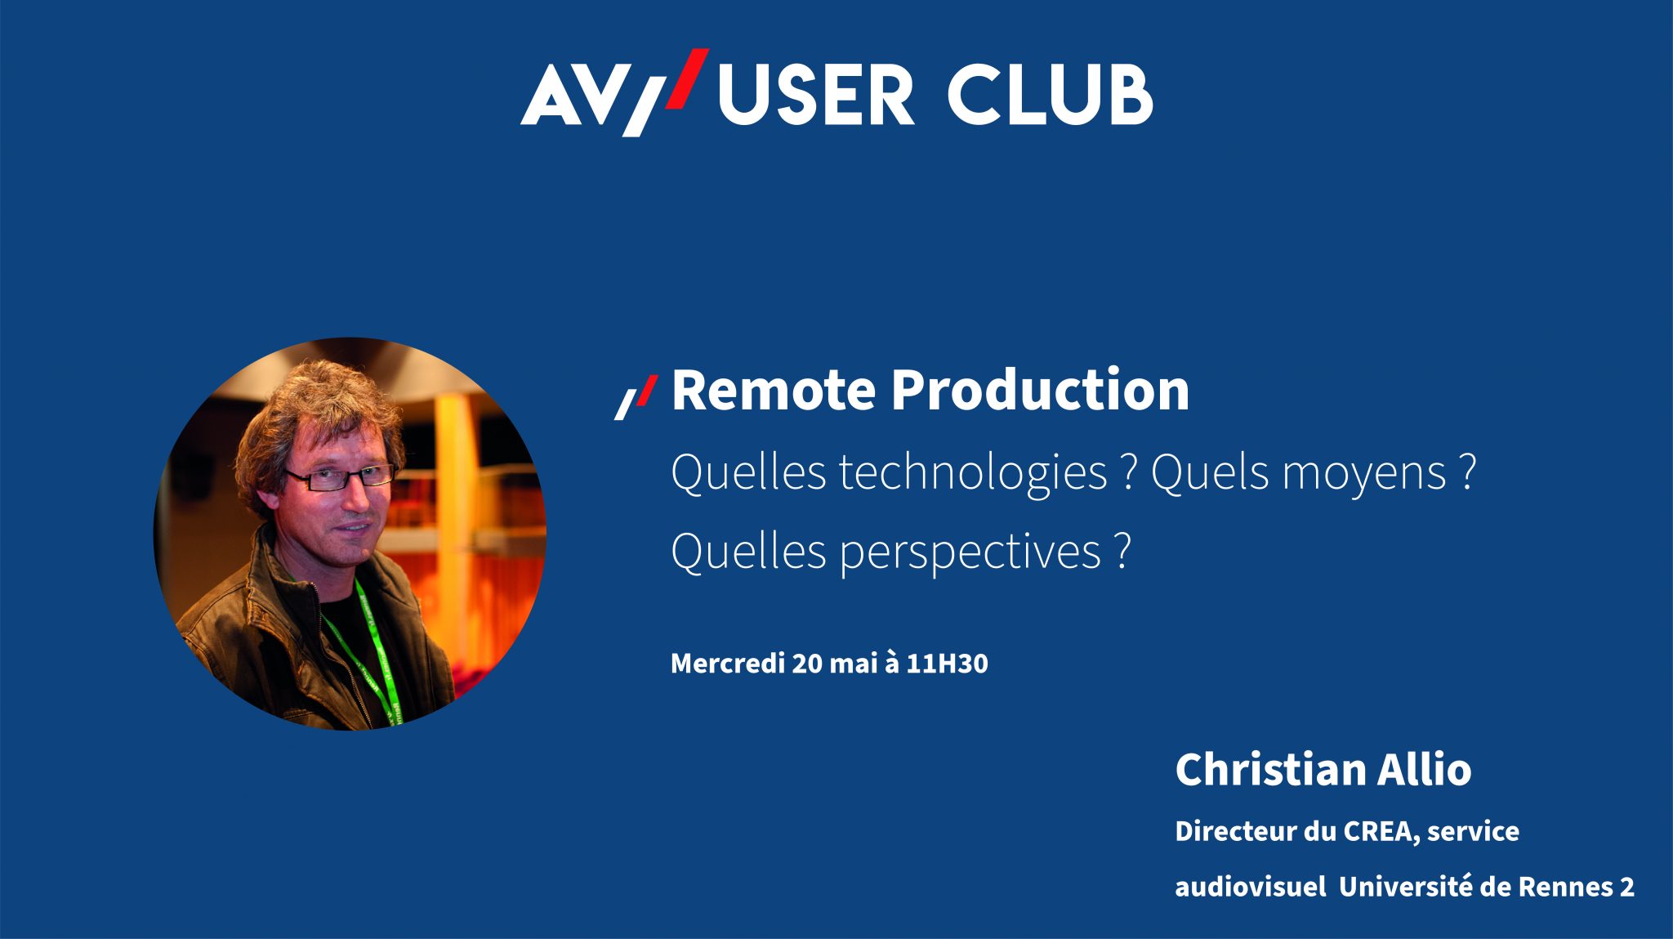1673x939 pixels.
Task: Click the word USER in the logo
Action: pos(815,95)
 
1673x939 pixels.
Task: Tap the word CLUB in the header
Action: pos(1050,95)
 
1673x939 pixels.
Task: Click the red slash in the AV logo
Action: pos(686,78)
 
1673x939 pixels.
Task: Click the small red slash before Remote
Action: pos(646,390)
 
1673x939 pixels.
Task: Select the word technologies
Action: pos(970,474)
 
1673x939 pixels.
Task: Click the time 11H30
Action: pos(947,663)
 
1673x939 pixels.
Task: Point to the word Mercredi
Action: pos(728,663)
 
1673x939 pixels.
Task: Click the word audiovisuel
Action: pos(1251,887)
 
